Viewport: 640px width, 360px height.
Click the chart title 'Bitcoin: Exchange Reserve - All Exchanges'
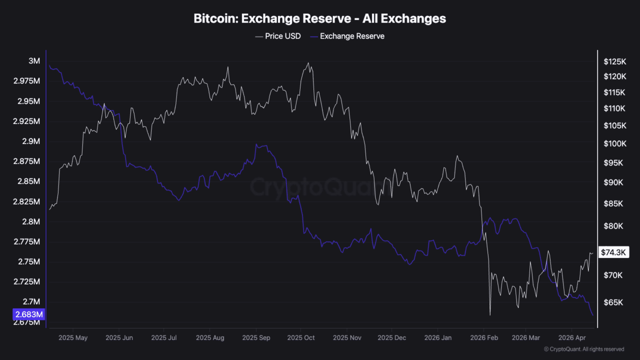coord(319,18)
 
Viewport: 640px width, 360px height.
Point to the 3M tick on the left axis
coord(34,61)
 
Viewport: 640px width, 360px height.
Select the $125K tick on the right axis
coord(615,61)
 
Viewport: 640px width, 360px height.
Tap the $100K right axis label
coord(615,144)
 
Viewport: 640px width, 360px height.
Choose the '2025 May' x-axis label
coord(73,338)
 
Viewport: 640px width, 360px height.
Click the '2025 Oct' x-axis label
coord(301,338)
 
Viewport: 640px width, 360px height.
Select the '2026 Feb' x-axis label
coord(484,338)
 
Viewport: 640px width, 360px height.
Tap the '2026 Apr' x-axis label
coord(572,338)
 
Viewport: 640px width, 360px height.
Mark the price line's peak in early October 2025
coord(308,63)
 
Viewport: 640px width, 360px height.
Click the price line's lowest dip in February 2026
coord(490,315)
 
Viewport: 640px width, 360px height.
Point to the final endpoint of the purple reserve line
coord(593,315)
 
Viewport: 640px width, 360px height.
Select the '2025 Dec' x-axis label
coord(392,338)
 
